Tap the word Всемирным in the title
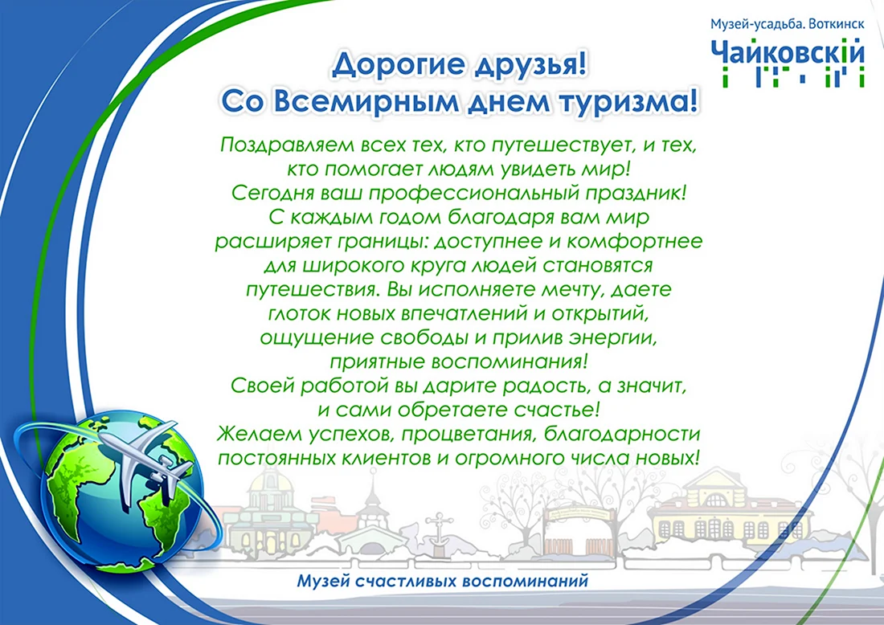(x=370, y=101)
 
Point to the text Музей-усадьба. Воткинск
(x=787, y=24)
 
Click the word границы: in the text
(x=383, y=242)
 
